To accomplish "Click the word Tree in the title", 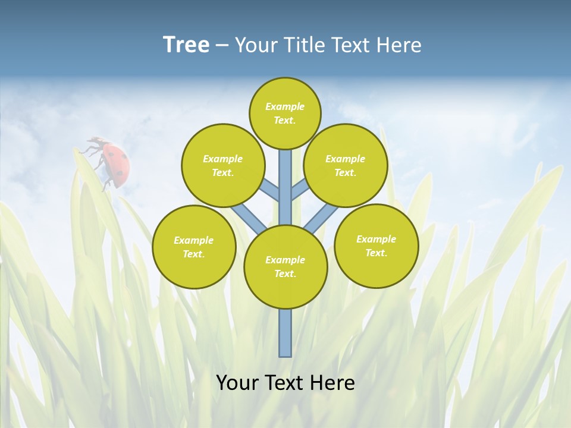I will pos(186,45).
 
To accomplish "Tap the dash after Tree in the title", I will pos(222,46).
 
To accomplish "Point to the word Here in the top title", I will pos(400,45).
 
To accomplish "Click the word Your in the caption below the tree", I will pos(237,383).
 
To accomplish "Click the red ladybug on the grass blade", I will pos(114,162).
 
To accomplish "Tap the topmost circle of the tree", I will pos(285,113).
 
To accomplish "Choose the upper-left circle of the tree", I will pos(223,165).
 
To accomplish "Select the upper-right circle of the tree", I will pos(346,165).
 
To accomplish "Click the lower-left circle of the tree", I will pos(194,247).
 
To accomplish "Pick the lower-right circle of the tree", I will pos(377,246).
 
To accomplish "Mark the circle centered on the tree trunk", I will pos(285,267).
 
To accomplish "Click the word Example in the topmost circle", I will pos(285,106).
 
